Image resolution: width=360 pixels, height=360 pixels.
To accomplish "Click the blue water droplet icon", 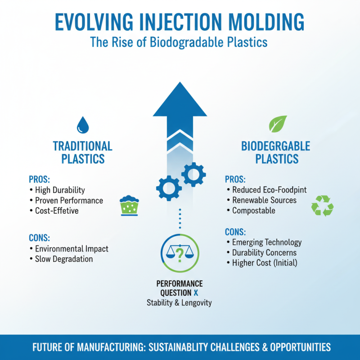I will [x=83, y=125].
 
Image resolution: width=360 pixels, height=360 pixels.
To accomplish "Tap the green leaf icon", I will [x=277, y=124].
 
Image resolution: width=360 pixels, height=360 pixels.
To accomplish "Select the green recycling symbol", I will [x=322, y=206].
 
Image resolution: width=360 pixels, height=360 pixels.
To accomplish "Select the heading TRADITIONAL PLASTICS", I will [x=82, y=153].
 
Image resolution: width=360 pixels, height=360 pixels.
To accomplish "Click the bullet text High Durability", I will [x=60, y=190].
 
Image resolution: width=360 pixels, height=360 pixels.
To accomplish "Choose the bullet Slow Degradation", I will [x=64, y=259].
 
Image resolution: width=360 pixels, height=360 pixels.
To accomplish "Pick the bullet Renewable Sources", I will [x=264, y=200].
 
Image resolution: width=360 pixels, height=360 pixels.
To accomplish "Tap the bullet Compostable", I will [x=254, y=210].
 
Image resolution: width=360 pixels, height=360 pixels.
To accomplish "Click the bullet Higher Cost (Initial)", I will [x=265, y=262].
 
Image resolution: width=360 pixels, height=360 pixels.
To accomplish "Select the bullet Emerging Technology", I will [x=267, y=242].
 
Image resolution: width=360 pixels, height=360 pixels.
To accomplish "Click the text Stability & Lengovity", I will [x=179, y=303].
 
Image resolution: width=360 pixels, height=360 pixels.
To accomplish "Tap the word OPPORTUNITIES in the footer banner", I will [x=289, y=347].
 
